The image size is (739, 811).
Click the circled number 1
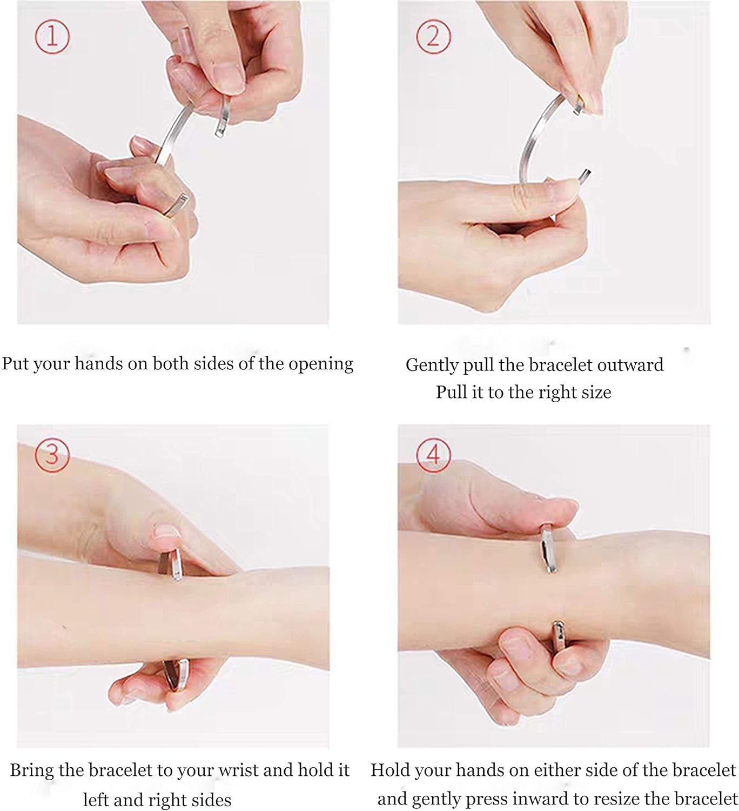[52, 36]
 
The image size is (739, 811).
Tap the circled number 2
[433, 36]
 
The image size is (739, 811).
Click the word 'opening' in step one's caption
[321, 364]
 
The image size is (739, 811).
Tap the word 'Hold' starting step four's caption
[390, 770]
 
